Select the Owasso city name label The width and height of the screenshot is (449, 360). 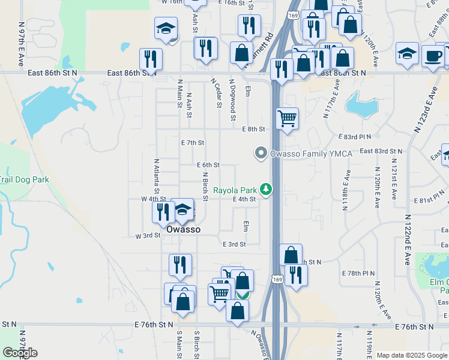coord(183,229)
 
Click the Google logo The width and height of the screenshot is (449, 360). coord(20,352)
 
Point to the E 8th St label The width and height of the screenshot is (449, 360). coord(253,129)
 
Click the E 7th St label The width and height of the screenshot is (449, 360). coord(193,143)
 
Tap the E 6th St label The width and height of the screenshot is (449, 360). coord(208,165)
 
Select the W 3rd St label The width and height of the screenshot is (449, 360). coord(148,235)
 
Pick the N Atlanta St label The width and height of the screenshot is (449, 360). coord(156,174)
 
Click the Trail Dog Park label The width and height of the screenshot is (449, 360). coord(23,179)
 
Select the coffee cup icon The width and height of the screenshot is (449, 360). coord(433,57)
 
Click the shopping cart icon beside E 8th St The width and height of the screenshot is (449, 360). coord(288,118)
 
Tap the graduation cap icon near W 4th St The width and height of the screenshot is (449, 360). coord(182,211)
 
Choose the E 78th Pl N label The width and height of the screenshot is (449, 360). coord(358,273)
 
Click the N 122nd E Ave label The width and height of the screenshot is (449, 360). coord(407,240)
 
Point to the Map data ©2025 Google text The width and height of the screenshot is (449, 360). coord(412,355)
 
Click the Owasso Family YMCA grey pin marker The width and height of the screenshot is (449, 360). coord(261,154)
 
